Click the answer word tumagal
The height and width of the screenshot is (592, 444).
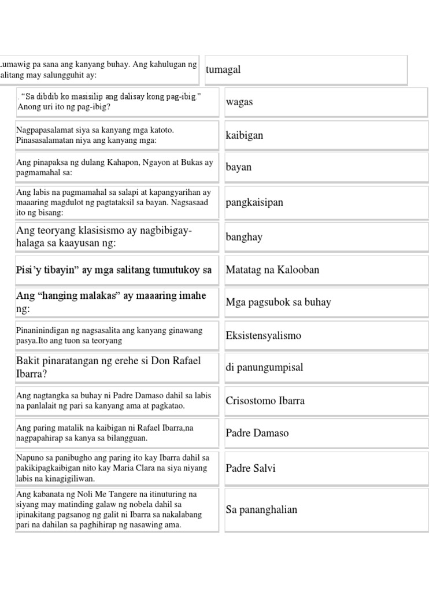click(223, 69)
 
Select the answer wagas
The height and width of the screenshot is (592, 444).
click(239, 102)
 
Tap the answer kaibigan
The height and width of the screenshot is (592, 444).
click(245, 135)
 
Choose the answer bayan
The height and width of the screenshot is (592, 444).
click(239, 168)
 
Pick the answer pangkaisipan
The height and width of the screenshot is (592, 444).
click(254, 203)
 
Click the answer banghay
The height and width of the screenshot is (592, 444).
click(244, 237)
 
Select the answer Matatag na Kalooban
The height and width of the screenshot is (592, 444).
click(272, 270)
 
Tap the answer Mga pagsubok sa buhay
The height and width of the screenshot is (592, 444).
click(278, 302)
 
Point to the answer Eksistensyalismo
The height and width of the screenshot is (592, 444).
click(264, 336)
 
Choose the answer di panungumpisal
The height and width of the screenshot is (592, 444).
click(264, 368)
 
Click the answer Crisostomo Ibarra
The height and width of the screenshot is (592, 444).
click(265, 401)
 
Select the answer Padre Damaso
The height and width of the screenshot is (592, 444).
click(257, 433)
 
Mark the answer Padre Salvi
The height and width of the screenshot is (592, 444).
click(251, 468)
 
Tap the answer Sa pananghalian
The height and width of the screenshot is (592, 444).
click(261, 509)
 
